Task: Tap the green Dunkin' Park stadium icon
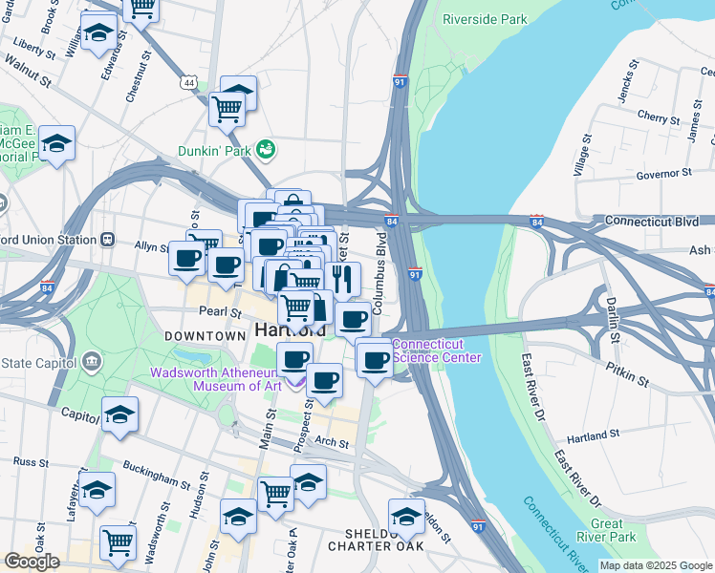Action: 266,150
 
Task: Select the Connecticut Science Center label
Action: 436,350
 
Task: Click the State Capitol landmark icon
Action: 93,360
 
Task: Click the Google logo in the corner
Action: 32,561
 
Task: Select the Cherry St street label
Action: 658,117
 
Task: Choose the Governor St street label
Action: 662,174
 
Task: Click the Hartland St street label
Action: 593,435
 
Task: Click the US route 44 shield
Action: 191,83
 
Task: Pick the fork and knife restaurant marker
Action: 341,278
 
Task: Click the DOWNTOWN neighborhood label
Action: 205,336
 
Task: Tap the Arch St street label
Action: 332,442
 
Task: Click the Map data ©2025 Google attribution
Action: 656,565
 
